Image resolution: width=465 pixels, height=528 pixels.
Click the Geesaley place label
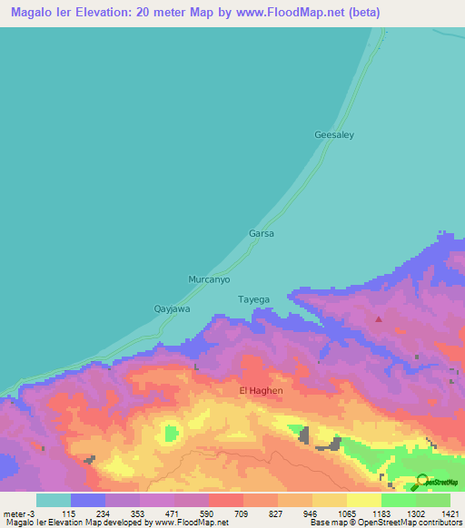[x=333, y=134]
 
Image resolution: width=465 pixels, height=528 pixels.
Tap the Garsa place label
[x=262, y=233]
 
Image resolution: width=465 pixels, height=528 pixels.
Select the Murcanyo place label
[x=209, y=279]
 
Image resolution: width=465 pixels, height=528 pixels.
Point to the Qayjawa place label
[x=172, y=308]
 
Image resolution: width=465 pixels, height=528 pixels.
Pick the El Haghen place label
[x=261, y=390]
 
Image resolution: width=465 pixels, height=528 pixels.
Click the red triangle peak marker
[x=379, y=318]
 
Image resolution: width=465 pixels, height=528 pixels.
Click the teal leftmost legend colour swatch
[x=54, y=500]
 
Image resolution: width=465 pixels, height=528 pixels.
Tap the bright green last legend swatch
[x=433, y=500]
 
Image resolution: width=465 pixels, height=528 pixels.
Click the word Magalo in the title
[x=36, y=13]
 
